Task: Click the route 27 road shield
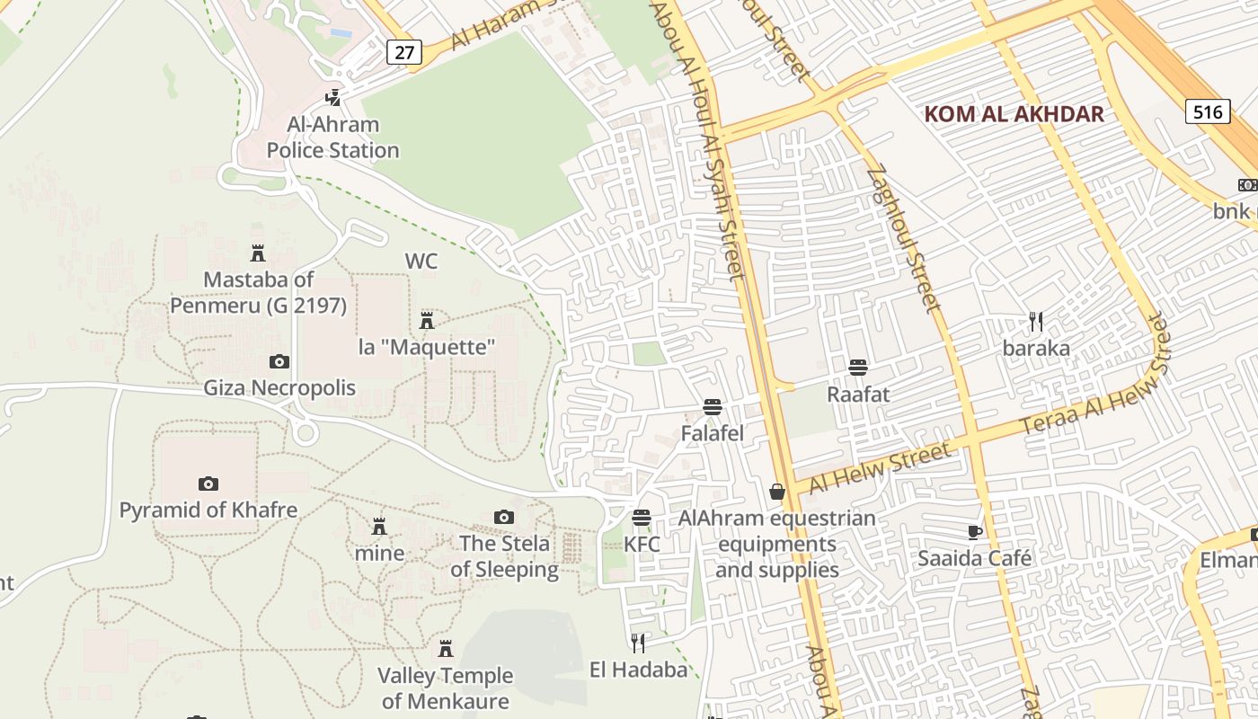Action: pyautogui.click(x=404, y=52)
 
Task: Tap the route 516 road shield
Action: pyautogui.click(x=1208, y=111)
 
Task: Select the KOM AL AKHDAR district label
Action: pyautogui.click(x=1014, y=114)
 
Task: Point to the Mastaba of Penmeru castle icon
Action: pyautogui.click(x=258, y=253)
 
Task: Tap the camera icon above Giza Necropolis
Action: pyautogui.click(x=279, y=361)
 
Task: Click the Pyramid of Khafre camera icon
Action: pyautogui.click(x=208, y=484)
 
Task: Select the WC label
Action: pyautogui.click(x=421, y=262)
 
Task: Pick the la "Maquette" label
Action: pyautogui.click(x=427, y=347)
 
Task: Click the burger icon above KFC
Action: pyautogui.click(x=641, y=518)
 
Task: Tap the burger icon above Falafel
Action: pyautogui.click(x=713, y=407)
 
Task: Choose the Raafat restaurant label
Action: pyautogui.click(x=858, y=394)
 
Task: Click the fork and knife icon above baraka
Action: pyautogui.click(x=1036, y=321)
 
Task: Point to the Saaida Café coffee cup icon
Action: pyautogui.click(x=975, y=531)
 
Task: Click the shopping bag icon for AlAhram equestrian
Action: pyautogui.click(x=777, y=492)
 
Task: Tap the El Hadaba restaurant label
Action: pyautogui.click(x=638, y=670)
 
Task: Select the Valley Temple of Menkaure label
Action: pyautogui.click(x=445, y=688)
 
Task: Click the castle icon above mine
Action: pyautogui.click(x=379, y=526)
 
